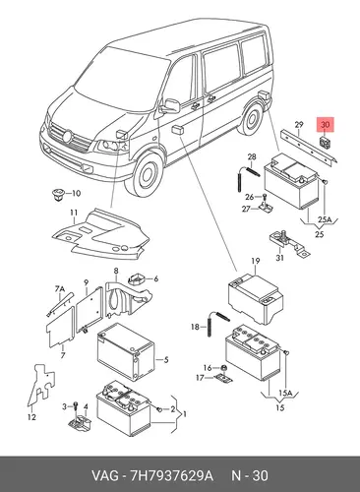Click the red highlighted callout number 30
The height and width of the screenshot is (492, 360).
tap(325, 125)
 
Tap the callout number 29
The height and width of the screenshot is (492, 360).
tap(298, 125)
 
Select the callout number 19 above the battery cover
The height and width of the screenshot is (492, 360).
tap(256, 261)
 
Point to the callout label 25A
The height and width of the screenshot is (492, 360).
tap(325, 219)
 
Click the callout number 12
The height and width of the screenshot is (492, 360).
tap(31, 417)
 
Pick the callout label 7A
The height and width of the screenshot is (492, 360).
tap(60, 289)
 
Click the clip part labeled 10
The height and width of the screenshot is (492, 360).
tap(58, 195)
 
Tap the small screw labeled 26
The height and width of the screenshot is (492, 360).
tap(265, 196)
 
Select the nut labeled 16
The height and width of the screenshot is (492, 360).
tap(223, 368)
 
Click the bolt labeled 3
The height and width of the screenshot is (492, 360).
tap(76, 407)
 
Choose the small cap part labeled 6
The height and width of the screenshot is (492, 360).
tap(138, 278)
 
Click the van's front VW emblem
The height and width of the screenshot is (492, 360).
tap(68, 136)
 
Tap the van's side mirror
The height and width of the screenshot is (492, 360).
tap(171, 106)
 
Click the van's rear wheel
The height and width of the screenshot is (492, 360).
tap(252, 118)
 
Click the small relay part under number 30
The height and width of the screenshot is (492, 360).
tap(325, 142)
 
